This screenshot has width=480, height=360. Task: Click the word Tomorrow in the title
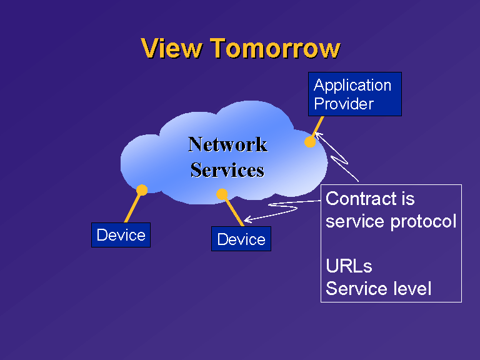[275, 48]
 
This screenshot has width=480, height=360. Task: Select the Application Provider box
[355, 94]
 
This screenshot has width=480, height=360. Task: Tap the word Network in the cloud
[227, 144]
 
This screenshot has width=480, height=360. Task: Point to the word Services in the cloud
[227, 170]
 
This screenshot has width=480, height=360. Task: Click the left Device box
[121, 235]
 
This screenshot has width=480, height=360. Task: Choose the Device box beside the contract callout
[241, 239]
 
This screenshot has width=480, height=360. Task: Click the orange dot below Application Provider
[310, 142]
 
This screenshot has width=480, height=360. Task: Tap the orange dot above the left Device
[142, 190]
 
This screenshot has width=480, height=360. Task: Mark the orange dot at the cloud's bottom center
[222, 194]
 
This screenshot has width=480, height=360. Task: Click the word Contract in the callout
[360, 199]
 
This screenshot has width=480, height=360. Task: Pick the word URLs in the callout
[349, 266]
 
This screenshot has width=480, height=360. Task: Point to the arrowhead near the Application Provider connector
[318, 136]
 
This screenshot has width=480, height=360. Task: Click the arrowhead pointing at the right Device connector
[247, 219]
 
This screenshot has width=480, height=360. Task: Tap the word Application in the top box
[352, 86]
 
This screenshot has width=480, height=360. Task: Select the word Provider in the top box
[344, 104]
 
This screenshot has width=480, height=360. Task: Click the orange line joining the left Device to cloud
[134, 207]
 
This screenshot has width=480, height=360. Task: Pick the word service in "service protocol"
[355, 222]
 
